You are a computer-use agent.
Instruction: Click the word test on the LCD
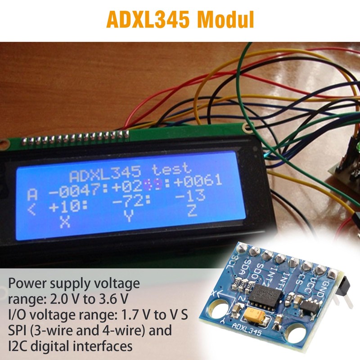click(x=171, y=169)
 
